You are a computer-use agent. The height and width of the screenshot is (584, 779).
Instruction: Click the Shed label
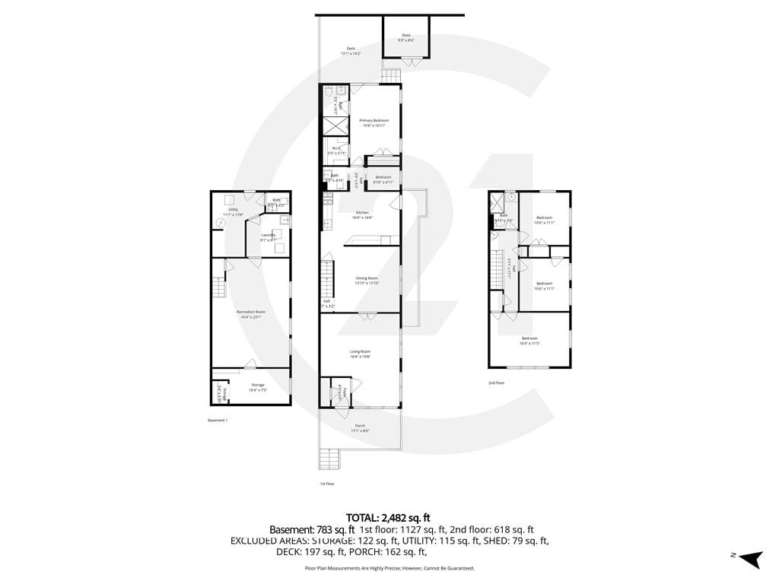click(x=406, y=35)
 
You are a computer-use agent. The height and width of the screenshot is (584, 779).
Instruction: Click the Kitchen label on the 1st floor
click(x=362, y=214)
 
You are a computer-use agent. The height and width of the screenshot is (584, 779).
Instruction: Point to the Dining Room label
click(x=367, y=279)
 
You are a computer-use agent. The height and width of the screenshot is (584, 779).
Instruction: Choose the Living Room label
click(x=360, y=352)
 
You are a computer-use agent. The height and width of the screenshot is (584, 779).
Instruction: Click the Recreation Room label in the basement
click(x=250, y=313)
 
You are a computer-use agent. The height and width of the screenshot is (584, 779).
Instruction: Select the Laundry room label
click(x=268, y=236)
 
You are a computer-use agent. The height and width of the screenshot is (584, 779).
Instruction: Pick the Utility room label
click(x=233, y=210)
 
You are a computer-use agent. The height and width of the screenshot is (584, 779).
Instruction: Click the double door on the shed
click(x=410, y=62)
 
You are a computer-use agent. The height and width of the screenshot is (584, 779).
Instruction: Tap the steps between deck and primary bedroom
click(x=390, y=76)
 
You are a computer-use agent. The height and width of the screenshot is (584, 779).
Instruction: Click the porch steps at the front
click(x=329, y=459)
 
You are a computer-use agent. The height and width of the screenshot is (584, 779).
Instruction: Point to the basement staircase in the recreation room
click(x=219, y=290)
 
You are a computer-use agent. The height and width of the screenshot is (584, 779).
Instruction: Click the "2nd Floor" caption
click(x=496, y=383)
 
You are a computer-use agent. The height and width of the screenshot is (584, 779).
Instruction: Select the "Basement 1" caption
click(x=218, y=420)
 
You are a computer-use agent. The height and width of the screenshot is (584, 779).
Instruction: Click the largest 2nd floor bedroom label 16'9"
click(x=529, y=339)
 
